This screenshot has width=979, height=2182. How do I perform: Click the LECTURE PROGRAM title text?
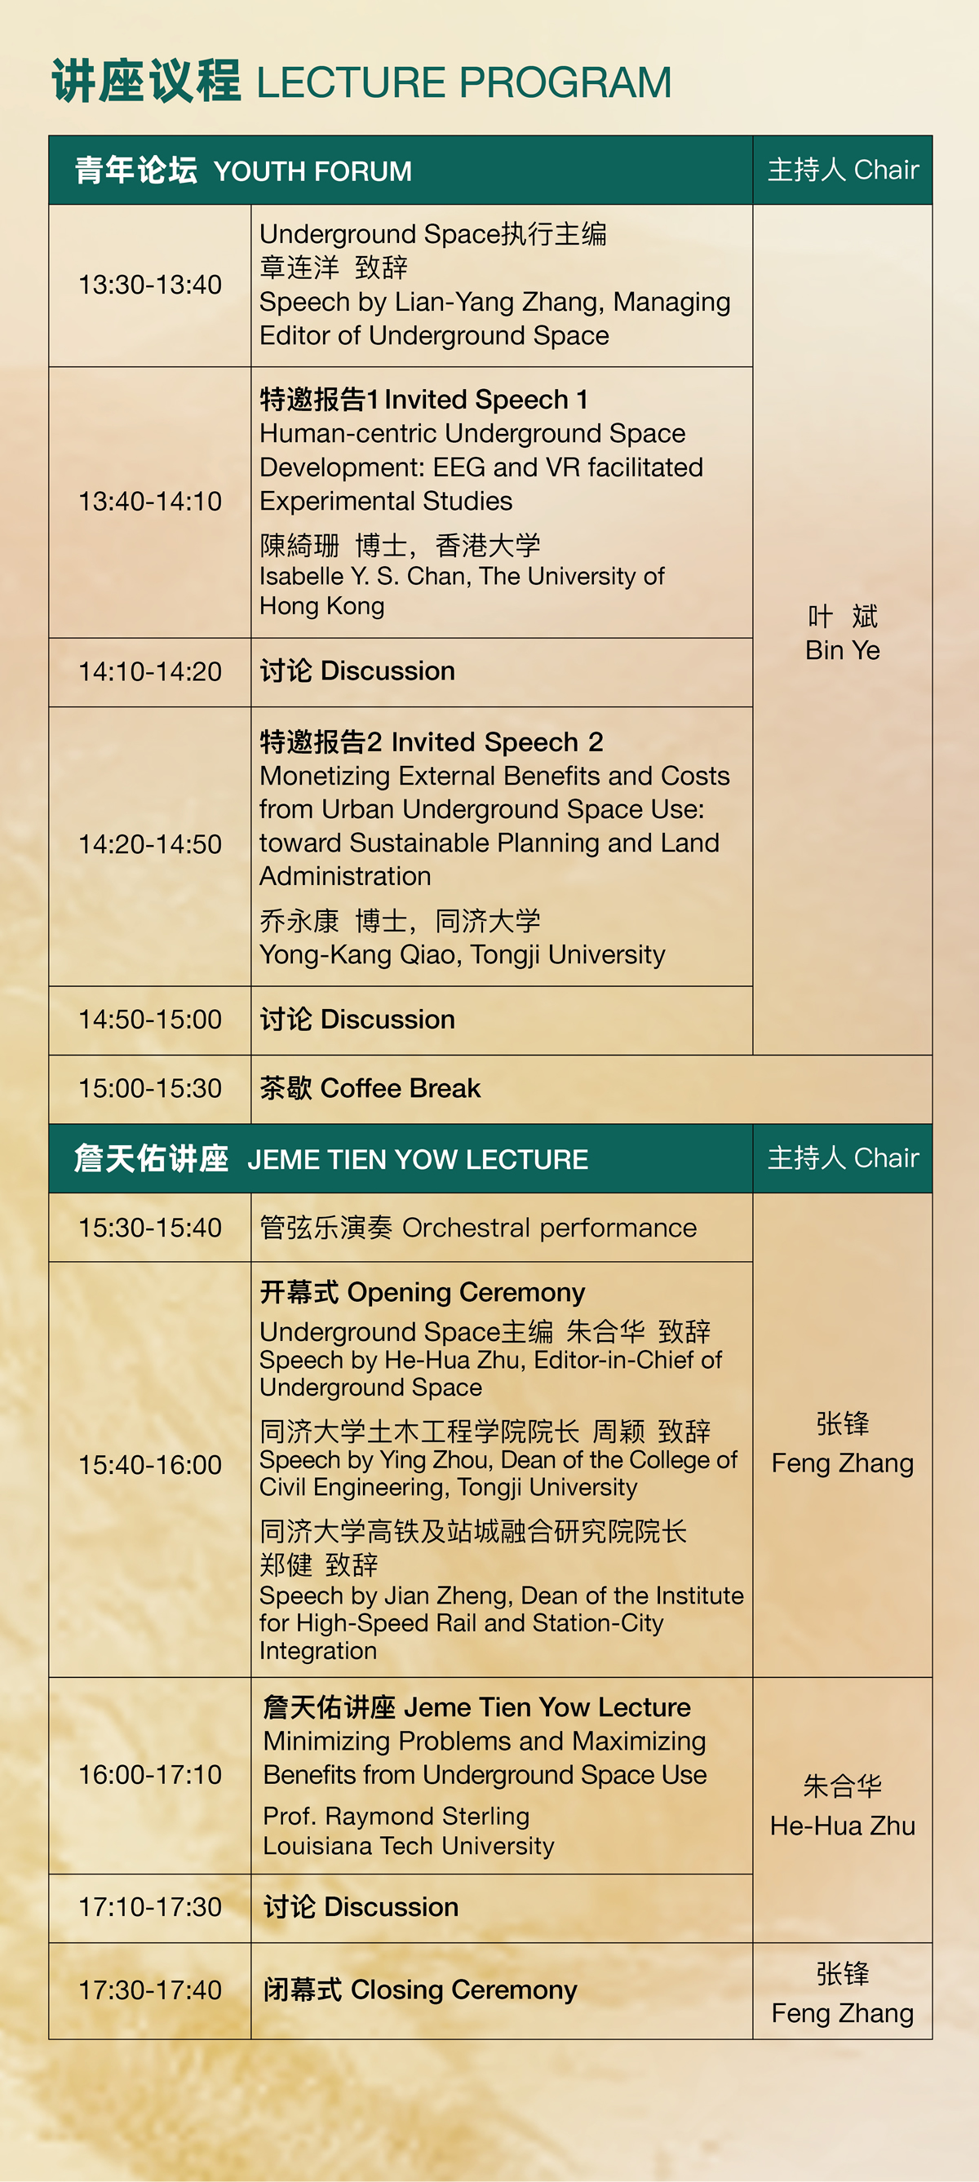463,82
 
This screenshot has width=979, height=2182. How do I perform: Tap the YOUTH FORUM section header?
312,171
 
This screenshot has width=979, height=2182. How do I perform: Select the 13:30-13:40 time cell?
150,285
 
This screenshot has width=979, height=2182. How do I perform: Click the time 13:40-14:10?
150,502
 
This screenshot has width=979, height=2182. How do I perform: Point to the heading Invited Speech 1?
486,399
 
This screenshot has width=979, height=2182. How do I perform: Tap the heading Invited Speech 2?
497,742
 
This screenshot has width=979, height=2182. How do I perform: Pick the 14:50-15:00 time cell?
150,1019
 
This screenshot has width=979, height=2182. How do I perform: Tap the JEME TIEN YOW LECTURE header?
418,1159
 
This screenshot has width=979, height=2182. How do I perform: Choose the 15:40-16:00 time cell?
150,1464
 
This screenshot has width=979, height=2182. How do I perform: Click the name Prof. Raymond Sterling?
396,1816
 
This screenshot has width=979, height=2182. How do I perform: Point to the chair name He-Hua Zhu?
843,1826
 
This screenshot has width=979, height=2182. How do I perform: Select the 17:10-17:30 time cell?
150,1907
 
